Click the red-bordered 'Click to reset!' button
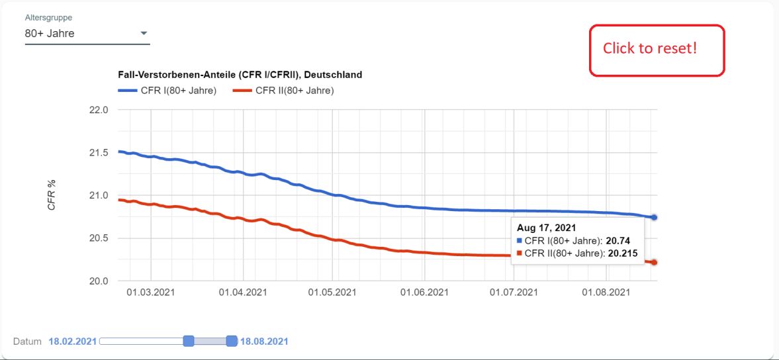tap(657, 50)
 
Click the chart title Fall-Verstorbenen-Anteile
tap(240, 75)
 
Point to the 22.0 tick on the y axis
tap(98, 110)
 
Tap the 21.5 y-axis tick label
tap(98, 153)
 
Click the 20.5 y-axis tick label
tap(98, 238)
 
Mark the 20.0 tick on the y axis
tap(98, 281)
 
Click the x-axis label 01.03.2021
tap(151, 292)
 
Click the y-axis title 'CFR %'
tap(51, 195)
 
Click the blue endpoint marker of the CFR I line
tap(654, 217)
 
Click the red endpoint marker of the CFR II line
tap(654, 263)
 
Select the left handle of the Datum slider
tap(188, 341)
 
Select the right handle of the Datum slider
tap(232, 341)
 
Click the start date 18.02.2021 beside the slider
tap(72, 341)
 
